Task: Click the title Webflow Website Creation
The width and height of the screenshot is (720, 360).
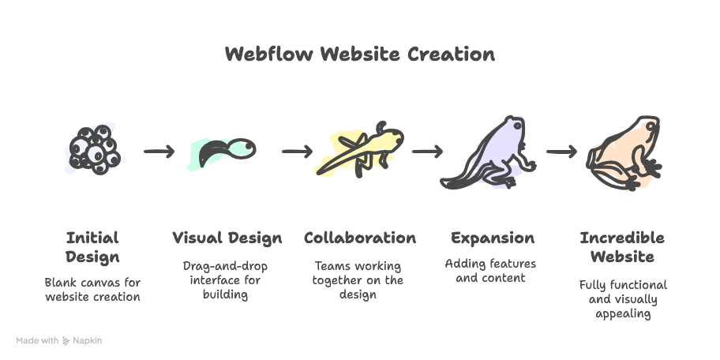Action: (360, 54)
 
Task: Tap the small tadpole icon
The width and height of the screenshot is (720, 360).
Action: (225, 150)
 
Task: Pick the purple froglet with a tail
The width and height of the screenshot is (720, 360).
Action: (489, 154)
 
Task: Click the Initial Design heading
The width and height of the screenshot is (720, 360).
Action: (92, 247)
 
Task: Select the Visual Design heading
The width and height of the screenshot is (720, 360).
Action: (227, 238)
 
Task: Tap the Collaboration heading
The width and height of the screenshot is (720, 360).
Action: (360, 238)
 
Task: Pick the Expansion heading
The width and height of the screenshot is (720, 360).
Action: (492, 238)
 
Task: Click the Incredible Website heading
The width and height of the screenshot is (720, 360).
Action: (622, 247)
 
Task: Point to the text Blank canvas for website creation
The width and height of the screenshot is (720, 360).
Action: (92, 289)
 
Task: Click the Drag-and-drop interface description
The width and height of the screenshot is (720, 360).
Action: (227, 280)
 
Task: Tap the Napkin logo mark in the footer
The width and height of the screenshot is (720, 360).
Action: (66, 341)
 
